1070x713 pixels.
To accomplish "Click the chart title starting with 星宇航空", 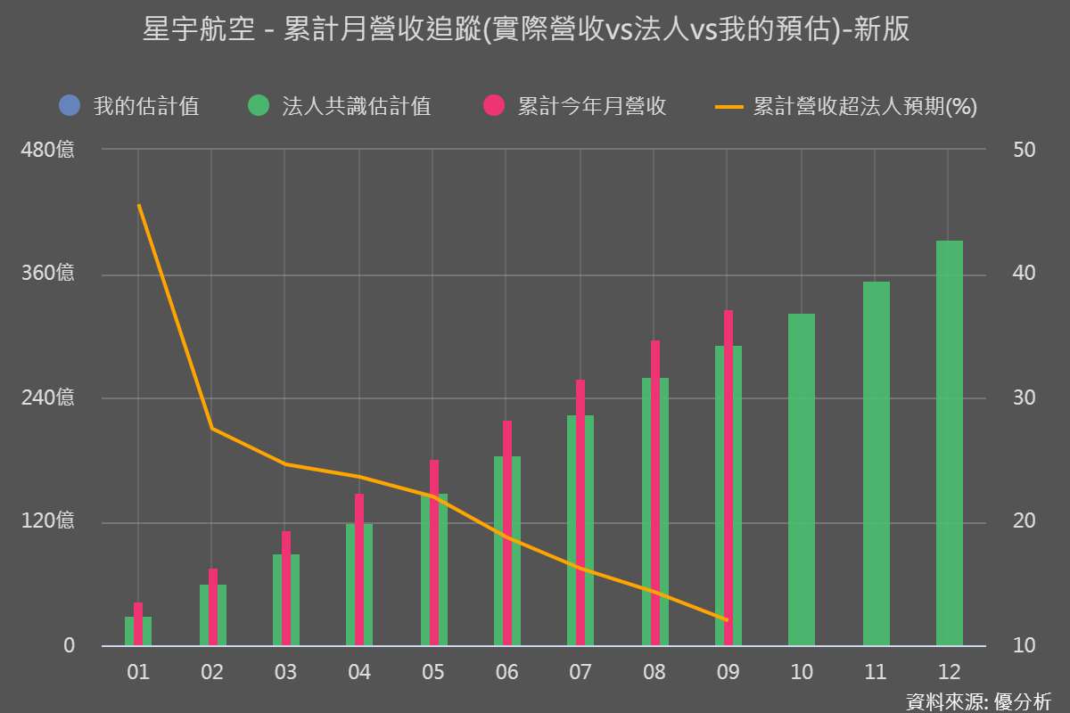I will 526,30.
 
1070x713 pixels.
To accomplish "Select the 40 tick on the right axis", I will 1025,274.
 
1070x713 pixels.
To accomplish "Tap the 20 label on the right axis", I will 1025,521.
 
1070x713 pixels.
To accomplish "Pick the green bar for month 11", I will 876,463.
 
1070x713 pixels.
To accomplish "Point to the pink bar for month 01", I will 138,624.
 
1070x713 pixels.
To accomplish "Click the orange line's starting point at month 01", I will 139,206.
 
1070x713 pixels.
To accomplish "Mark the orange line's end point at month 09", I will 728,619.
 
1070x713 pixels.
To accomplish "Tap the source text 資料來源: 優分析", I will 978,701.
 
